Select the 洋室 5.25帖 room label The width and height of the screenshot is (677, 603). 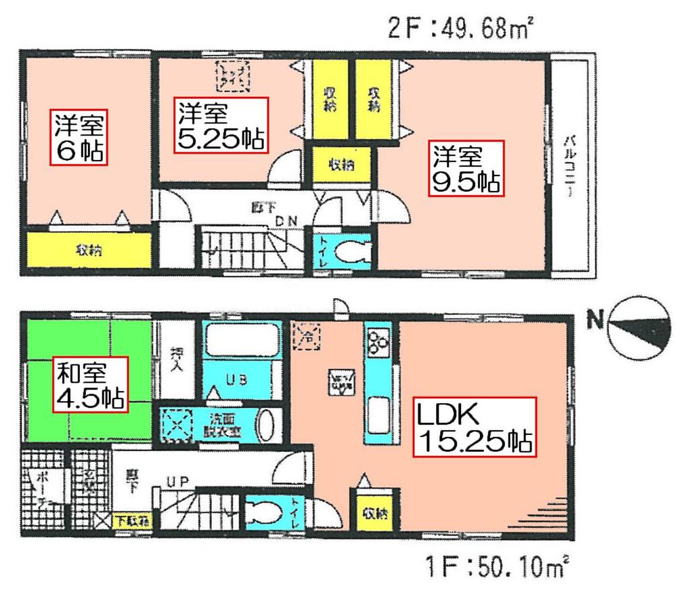click(x=221, y=125)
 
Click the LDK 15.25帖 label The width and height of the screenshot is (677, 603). click(x=474, y=428)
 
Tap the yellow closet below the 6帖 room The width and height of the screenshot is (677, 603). click(x=88, y=251)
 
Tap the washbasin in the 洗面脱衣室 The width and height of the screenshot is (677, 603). click(x=267, y=424)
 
